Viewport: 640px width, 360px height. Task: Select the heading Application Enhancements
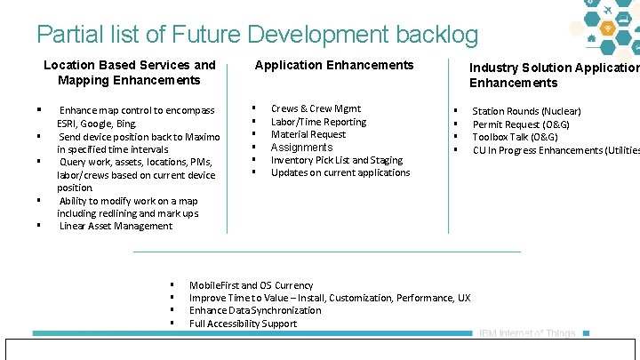(x=334, y=65)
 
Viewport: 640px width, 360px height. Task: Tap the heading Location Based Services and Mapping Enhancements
(x=130, y=72)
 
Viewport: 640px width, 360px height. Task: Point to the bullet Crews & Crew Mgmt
(x=316, y=108)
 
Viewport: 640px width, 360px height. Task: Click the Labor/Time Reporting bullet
(x=318, y=122)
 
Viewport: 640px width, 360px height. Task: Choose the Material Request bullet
(x=308, y=134)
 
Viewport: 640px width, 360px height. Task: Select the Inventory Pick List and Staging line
(x=336, y=160)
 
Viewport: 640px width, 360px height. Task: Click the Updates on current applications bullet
(x=340, y=172)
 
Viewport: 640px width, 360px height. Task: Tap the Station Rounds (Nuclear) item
(x=526, y=111)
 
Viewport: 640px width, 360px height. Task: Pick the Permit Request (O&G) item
(x=521, y=124)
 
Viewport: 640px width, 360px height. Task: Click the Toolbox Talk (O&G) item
(x=515, y=137)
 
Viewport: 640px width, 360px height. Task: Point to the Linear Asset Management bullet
(x=116, y=226)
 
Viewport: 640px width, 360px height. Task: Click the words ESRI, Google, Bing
(x=97, y=124)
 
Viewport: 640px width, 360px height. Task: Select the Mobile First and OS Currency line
(x=251, y=285)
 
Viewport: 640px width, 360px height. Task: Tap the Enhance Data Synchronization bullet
(x=255, y=310)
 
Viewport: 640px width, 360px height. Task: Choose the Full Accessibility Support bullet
(x=243, y=324)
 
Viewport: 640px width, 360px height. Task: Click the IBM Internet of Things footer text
(x=527, y=334)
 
